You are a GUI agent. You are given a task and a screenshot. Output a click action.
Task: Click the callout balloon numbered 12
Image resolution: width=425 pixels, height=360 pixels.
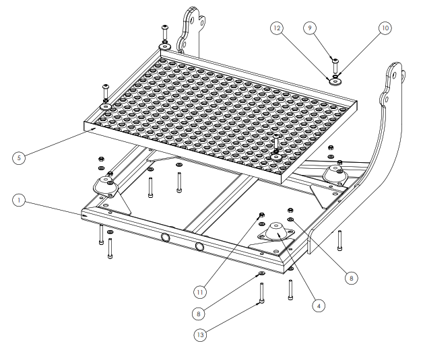277,28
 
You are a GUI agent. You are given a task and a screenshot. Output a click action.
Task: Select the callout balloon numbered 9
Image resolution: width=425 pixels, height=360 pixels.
310,28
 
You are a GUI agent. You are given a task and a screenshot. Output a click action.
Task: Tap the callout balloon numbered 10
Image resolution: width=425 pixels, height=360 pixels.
385,28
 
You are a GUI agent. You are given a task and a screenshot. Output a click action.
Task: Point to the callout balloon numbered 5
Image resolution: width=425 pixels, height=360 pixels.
19,157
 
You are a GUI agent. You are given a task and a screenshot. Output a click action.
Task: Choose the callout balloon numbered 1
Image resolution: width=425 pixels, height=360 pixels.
19,200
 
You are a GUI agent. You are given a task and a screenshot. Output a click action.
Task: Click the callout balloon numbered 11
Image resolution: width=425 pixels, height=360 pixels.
200,292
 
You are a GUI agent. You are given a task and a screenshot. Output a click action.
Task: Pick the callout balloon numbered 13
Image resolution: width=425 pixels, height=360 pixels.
200,335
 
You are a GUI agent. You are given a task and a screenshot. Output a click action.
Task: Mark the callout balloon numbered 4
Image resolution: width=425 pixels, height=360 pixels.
319,305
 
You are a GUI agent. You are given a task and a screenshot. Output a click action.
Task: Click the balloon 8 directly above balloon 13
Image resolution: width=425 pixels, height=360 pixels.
199,314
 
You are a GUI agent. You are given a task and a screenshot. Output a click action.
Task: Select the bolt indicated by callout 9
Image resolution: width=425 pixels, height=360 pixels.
335,65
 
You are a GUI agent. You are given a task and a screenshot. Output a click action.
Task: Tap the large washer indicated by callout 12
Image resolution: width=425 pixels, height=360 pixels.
335,81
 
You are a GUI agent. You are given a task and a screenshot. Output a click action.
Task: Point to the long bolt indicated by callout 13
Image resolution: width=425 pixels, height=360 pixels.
262,293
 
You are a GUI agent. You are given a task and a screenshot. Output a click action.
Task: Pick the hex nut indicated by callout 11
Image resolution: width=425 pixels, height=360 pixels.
262,215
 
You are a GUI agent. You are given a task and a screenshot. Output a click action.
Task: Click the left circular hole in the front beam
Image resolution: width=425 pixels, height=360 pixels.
165,238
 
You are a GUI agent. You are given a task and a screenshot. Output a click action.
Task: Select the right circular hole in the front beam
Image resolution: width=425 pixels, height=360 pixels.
199,246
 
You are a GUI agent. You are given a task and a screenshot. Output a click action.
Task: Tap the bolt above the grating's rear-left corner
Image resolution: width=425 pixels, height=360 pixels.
165,32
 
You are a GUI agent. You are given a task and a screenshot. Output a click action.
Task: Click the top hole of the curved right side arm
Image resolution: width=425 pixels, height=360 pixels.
395,75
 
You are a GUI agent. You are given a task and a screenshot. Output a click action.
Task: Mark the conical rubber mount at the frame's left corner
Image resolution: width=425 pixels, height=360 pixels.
106,185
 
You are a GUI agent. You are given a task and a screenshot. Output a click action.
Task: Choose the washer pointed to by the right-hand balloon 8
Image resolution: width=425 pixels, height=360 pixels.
290,219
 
